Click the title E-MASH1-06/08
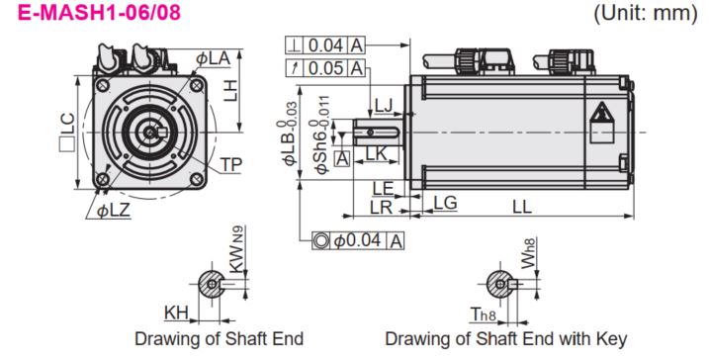[99, 12]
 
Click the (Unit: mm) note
[646, 13]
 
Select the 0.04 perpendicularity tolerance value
[325, 45]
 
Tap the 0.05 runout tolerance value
[325, 68]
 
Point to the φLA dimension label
[213, 58]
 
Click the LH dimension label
[230, 91]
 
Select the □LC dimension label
[67, 132]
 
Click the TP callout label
[231, 165]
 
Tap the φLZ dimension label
[114, 211]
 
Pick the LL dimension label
[522, 207]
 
